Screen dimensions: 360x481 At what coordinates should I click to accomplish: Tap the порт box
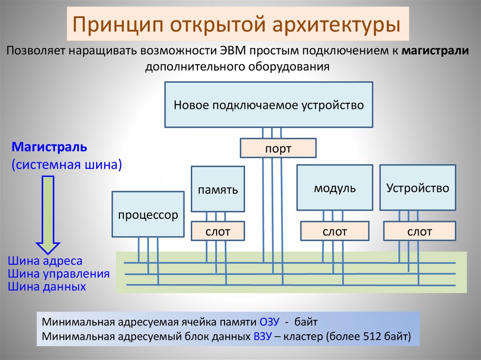point(278,148)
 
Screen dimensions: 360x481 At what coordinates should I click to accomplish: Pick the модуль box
point(335,188)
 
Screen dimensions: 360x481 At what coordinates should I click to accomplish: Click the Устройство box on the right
point(418,188)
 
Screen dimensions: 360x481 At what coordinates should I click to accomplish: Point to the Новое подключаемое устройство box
point(269,105)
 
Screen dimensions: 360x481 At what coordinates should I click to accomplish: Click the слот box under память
point(217,231)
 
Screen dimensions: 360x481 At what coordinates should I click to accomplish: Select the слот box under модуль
point(335,231)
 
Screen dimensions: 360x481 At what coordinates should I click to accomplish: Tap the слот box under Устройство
point(419,231)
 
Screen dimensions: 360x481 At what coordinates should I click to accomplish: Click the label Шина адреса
point(45,261)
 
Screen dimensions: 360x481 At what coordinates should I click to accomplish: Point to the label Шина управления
point(59,274)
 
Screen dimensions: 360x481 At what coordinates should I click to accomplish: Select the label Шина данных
point(47,286)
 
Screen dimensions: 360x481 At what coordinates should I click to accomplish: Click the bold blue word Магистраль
point(49,147)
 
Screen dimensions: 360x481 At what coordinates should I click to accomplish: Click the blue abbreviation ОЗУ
point(269,322)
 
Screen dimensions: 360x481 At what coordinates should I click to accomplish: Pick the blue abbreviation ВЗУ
point(262,336)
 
